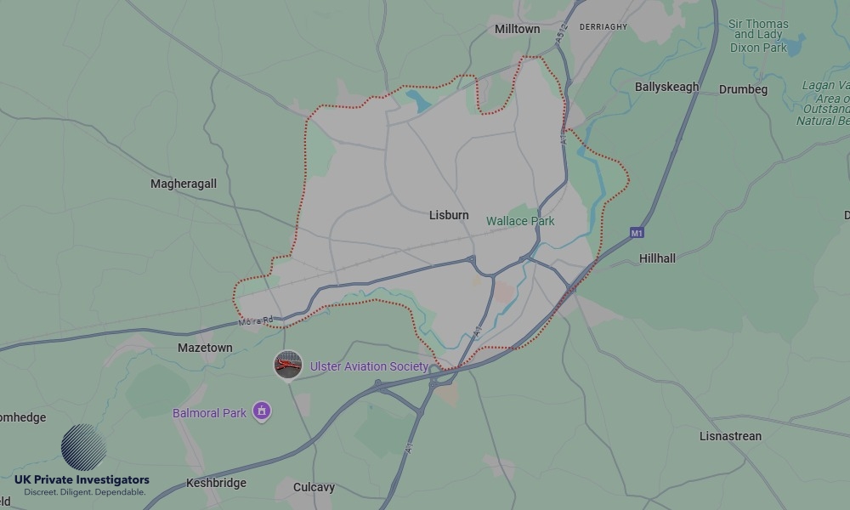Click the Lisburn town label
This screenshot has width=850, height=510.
click(449, 215)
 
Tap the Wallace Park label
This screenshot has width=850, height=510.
click(520, 221)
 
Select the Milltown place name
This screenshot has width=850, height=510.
click(517, 29)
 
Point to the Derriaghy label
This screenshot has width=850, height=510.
click(603, 27)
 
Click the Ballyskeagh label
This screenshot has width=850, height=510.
click(666, 87)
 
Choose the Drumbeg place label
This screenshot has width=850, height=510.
click(743, 89)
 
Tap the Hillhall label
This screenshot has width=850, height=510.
click(657, 258)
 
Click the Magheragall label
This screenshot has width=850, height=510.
click(184, 184)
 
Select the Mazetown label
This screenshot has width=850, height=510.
click(205, 348)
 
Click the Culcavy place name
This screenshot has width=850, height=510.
click(314, 488)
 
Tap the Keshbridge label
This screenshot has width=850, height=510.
click(216, 483)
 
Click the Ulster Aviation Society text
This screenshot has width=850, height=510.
click(369, 366)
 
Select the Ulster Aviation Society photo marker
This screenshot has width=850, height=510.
click(288, 365)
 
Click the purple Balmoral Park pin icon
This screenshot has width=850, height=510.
click(263, 412)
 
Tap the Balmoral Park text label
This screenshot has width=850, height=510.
click(209, 413)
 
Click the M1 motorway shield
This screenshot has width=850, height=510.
click(637, 232)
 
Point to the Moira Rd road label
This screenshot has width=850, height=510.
click(255, 320)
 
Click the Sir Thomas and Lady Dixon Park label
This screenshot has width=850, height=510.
click(759, 36)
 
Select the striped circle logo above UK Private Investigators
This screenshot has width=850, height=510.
click(84, 447)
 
